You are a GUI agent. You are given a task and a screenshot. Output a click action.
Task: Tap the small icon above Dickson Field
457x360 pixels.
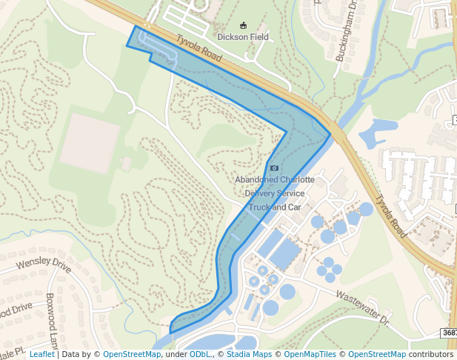coord(244,24)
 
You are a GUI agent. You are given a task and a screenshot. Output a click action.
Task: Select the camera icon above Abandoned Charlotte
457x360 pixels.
coord(274,169)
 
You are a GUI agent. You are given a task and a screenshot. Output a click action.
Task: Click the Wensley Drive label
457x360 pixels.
coord(43,263)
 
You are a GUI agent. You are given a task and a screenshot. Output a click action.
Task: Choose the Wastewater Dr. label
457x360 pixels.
coord(362,306)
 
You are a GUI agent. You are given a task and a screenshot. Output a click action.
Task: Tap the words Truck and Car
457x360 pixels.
coord(275,207)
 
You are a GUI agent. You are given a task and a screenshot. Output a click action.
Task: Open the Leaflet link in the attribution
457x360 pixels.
coord(41,354)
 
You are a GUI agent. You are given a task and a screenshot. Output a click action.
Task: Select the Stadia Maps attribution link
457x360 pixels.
coord(247,354)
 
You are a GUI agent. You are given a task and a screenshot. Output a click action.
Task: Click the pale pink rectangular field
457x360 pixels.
coord(90,143)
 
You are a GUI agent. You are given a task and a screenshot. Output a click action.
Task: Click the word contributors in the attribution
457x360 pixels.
coord(431,354)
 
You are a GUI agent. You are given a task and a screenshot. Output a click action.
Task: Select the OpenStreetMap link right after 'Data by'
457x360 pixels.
coord(132,354)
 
